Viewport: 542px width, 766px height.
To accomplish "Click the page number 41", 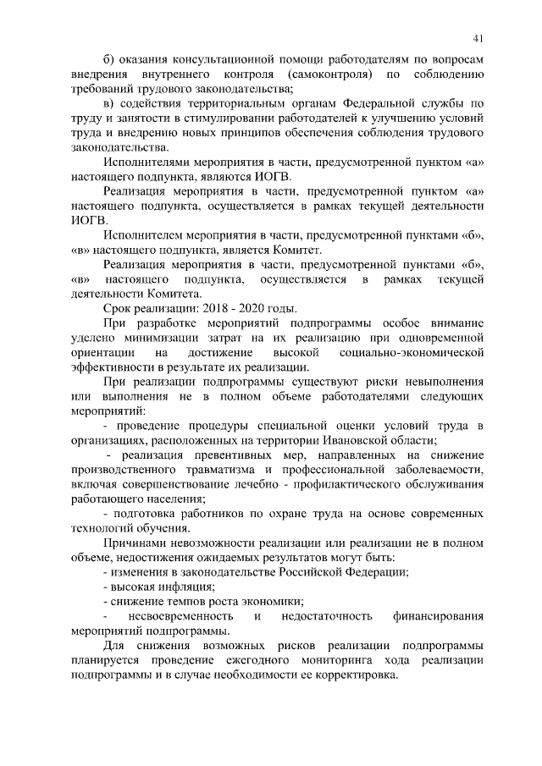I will point(478,38).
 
